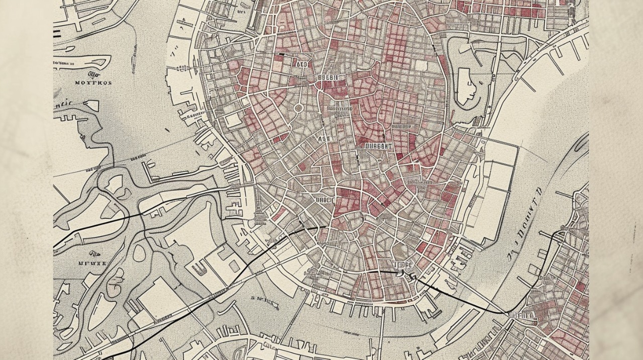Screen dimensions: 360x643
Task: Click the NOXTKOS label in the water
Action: coord(93,83)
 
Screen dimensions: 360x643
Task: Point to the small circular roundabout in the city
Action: coord(298,108)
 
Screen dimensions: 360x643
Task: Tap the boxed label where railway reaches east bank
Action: coord(522,315)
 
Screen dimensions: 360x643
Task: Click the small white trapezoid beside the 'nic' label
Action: coord(91,105)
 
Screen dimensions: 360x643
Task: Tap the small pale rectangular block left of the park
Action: coord(420,65)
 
